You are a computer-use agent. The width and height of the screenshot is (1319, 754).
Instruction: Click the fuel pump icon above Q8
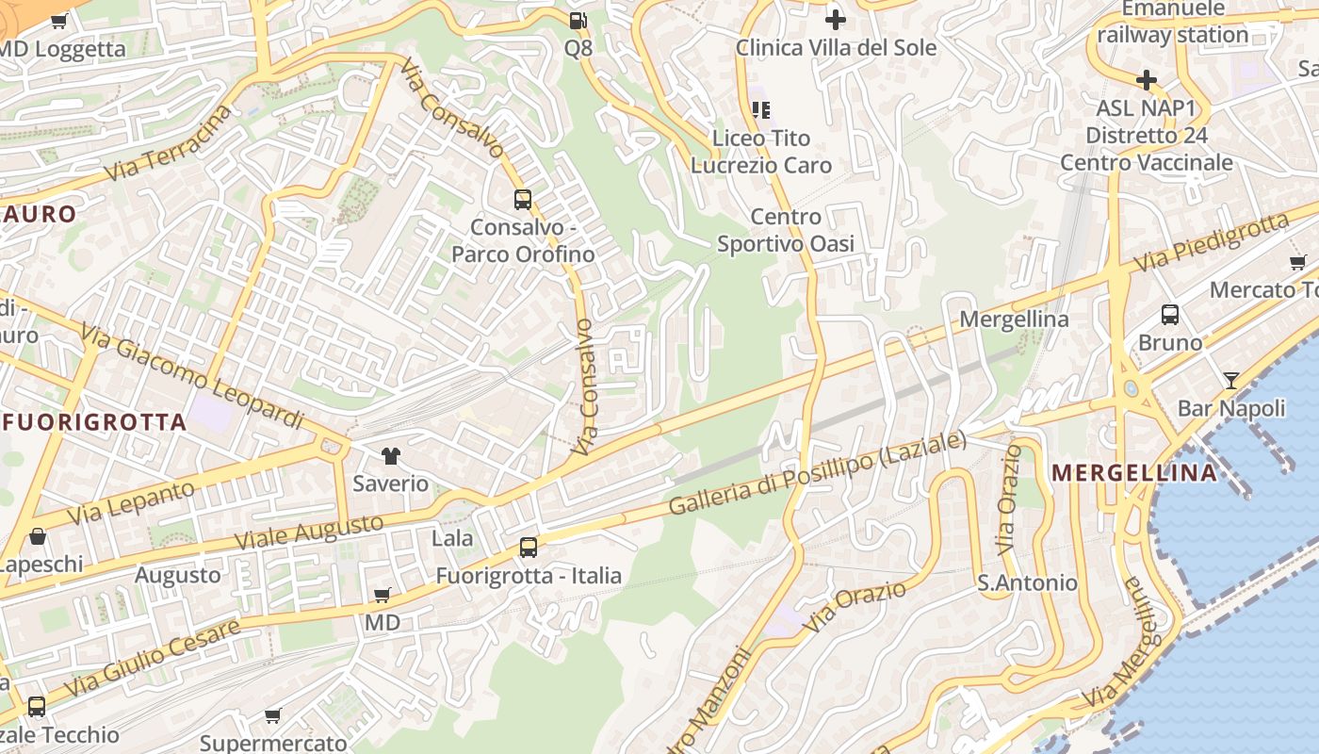578,20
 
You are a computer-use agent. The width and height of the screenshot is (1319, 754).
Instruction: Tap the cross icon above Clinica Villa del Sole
835,19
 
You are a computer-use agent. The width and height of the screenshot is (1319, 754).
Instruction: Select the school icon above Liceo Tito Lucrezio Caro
760,110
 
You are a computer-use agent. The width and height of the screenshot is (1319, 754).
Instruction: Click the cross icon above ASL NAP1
1146,80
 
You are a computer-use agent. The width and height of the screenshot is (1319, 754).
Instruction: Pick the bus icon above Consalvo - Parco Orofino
523,200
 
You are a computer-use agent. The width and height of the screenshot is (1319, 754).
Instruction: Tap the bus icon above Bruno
1170,315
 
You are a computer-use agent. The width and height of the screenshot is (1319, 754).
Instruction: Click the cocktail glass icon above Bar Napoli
1231,381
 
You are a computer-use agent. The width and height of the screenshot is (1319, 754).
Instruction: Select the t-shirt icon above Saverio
390,456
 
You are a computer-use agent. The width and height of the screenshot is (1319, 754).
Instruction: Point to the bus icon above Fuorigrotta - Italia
529,547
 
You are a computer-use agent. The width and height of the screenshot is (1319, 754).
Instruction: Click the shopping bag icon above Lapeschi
38,537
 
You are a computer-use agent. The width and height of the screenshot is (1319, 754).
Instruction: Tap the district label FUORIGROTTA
94,422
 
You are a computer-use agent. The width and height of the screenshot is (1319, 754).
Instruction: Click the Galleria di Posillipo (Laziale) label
818,473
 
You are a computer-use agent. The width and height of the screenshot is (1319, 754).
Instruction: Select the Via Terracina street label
169,144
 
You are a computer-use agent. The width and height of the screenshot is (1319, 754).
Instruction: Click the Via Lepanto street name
130,503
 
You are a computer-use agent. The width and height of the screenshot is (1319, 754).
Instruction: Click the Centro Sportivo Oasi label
786,231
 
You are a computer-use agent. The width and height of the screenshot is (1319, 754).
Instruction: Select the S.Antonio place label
1027,582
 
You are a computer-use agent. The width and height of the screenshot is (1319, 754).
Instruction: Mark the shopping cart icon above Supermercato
273,715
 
